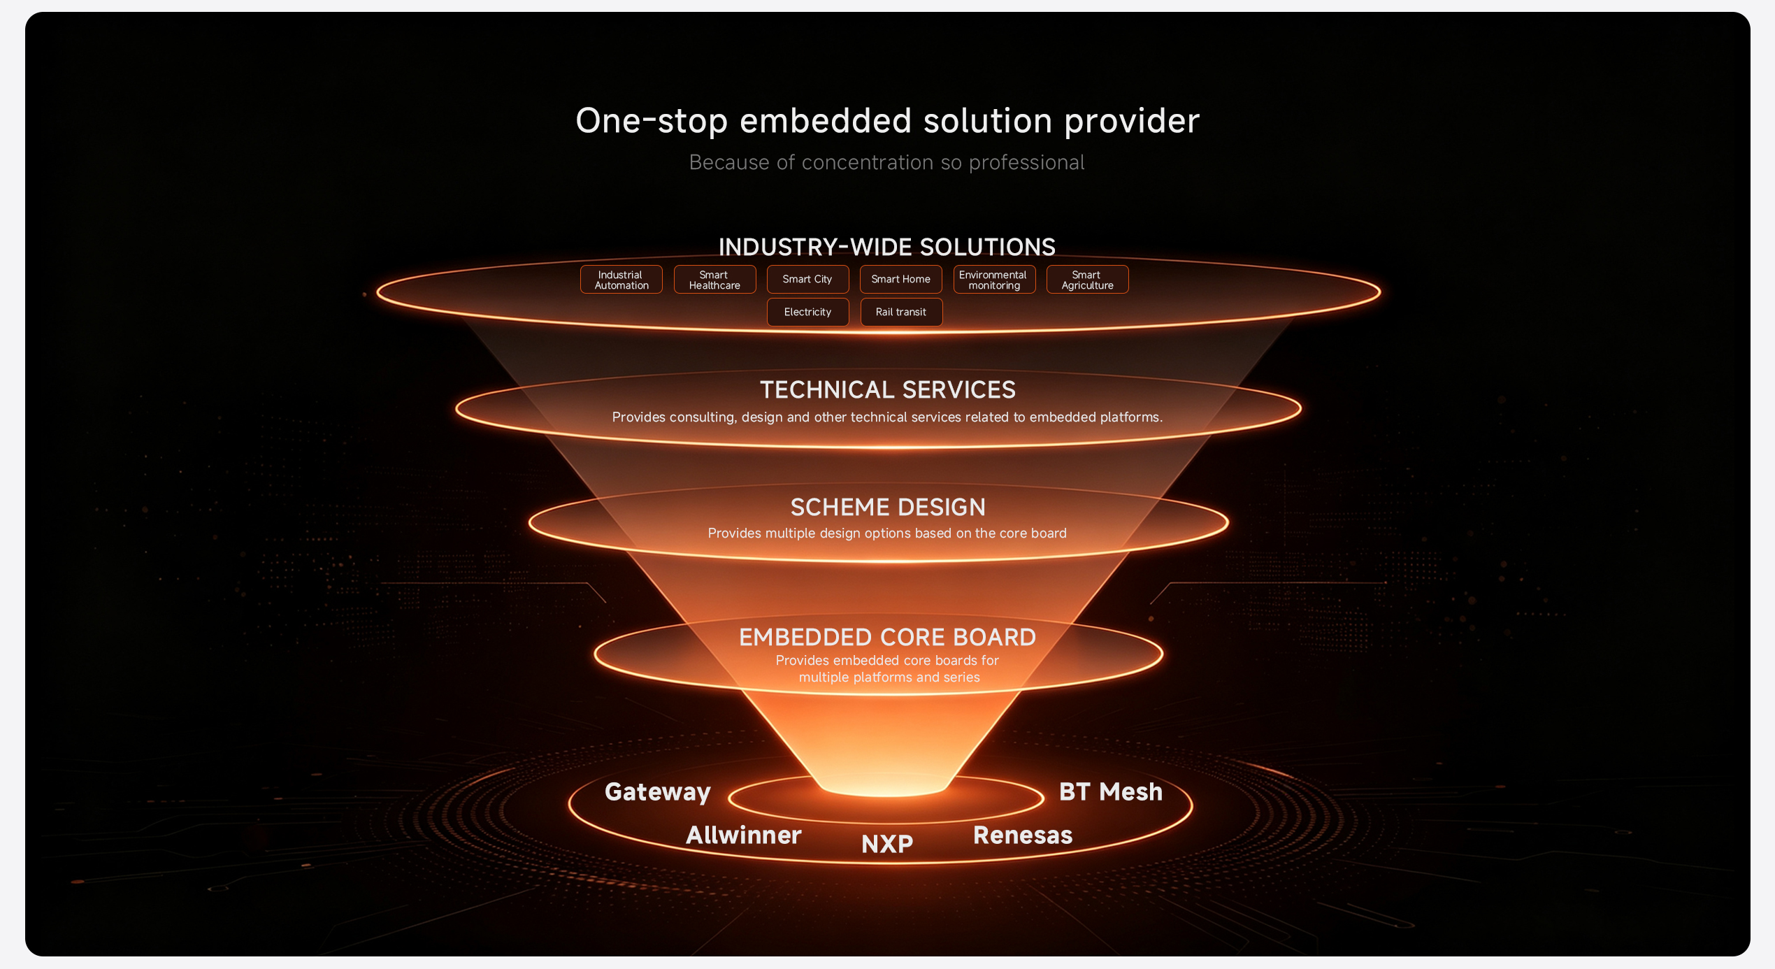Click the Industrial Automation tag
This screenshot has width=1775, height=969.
[621, 280]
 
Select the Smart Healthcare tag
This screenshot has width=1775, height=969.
[714, 280]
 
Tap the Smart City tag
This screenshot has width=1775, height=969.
[807, 280]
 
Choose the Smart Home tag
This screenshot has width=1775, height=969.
[901, 280]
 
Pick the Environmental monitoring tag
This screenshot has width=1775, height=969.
[994, 280]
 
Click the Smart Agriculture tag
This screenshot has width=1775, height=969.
[1087, 280]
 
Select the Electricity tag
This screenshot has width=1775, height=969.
[807, 312]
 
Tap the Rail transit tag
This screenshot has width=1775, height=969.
[901, 312]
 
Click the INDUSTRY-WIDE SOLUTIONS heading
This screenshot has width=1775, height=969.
[887, 247]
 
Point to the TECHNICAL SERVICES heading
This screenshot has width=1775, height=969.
[888, 389]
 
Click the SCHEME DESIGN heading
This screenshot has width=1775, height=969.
[888, 507]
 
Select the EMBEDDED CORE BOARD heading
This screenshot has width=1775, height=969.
[888, 637]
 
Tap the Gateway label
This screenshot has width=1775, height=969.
[658, 792]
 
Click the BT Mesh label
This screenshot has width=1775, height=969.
[1111, 791]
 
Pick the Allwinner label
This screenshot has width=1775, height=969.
[744, 835]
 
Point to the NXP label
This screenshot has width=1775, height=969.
[887, 844]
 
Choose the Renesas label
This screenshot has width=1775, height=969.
[1023, 835]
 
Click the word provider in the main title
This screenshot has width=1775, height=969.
[1132, 122]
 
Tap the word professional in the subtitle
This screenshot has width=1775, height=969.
[1027, 163]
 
